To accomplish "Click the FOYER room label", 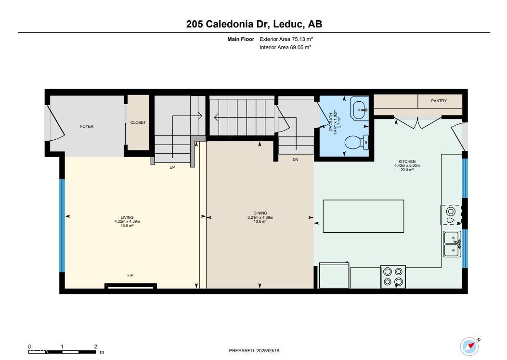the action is (x=87, y=126).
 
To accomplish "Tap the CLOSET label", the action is (x=138, y=122).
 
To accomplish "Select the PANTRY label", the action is (x=439, y=101).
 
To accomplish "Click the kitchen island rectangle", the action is (x=364, y=216).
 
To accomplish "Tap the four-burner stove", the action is (x=393, y=277).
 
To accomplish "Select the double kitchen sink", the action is (x=452, y=244).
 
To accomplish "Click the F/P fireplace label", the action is (x=130, y=275).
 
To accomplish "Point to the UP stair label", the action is (x=172, y=167).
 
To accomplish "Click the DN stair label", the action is (x=295, y=160).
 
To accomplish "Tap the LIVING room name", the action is (x=127, y=217).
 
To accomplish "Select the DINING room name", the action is (x=260, y=213).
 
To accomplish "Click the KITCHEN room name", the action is (x=407, y=161).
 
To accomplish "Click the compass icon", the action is (x=469, y=347).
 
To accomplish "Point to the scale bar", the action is (x=63, y=352).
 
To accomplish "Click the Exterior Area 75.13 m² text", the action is (x=286, y=39).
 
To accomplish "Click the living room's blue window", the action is (x=63, y=226).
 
